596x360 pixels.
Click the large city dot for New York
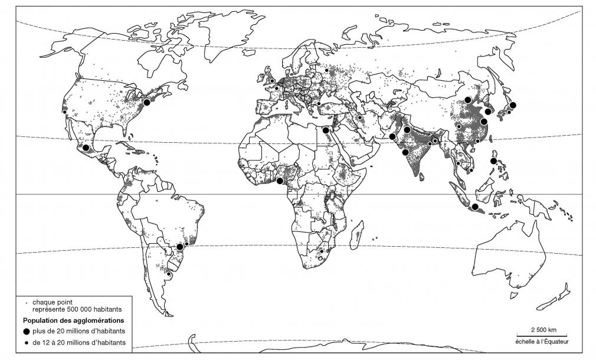[146, 102]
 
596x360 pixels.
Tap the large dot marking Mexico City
[86, 148]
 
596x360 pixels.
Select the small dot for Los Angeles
[64, 112]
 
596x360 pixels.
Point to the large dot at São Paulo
[180, 246]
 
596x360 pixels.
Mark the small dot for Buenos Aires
[169, 273]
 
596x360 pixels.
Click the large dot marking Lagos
[279, 181]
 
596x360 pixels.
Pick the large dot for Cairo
[326, 130]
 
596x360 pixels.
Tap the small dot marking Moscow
[326, 71]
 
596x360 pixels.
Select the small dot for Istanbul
[319, 104]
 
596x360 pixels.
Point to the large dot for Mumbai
[405, 152]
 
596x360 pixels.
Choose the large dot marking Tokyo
[513, 105]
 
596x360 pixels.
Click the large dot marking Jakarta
[474, 207]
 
